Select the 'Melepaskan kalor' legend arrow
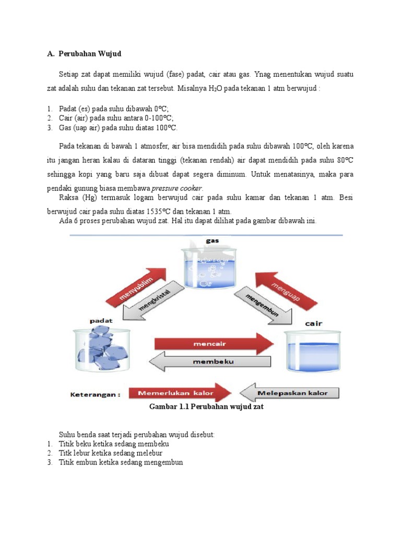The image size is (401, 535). point(290,392)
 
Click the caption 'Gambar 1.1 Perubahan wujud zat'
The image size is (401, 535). point(203,407)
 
